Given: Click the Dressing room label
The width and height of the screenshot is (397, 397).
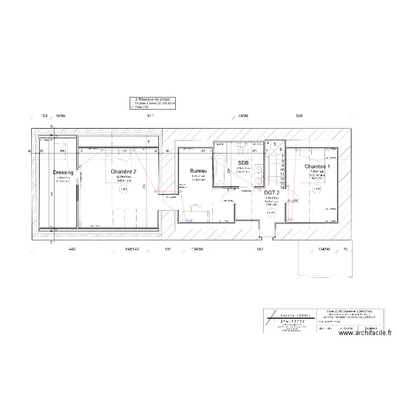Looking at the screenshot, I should [64, 173].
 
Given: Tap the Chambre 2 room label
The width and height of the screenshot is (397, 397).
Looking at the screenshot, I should [124, 172].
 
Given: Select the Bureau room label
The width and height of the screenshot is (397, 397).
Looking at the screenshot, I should [198, 171].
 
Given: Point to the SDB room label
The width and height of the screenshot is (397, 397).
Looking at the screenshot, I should [243, 163].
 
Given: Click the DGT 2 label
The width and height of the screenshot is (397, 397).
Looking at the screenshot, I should [272, 193].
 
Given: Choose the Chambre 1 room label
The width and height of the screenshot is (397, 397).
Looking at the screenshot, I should [317, 167].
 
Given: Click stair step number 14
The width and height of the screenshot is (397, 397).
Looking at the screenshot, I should [283, 187].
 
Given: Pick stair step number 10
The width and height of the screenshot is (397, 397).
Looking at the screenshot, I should [283, 170].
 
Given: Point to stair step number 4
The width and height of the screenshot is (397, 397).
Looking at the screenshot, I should [268, 143].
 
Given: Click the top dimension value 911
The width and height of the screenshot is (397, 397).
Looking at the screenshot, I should [151, 115].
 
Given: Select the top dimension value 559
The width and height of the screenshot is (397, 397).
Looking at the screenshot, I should [299, 115].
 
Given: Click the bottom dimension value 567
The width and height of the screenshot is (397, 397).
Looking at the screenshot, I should [259, 249].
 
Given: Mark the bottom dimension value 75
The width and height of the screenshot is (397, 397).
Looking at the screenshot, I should [345, 249].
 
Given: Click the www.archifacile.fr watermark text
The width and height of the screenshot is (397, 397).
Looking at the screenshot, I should [365, 333].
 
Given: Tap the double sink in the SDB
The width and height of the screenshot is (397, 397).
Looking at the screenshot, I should [259, 175].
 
